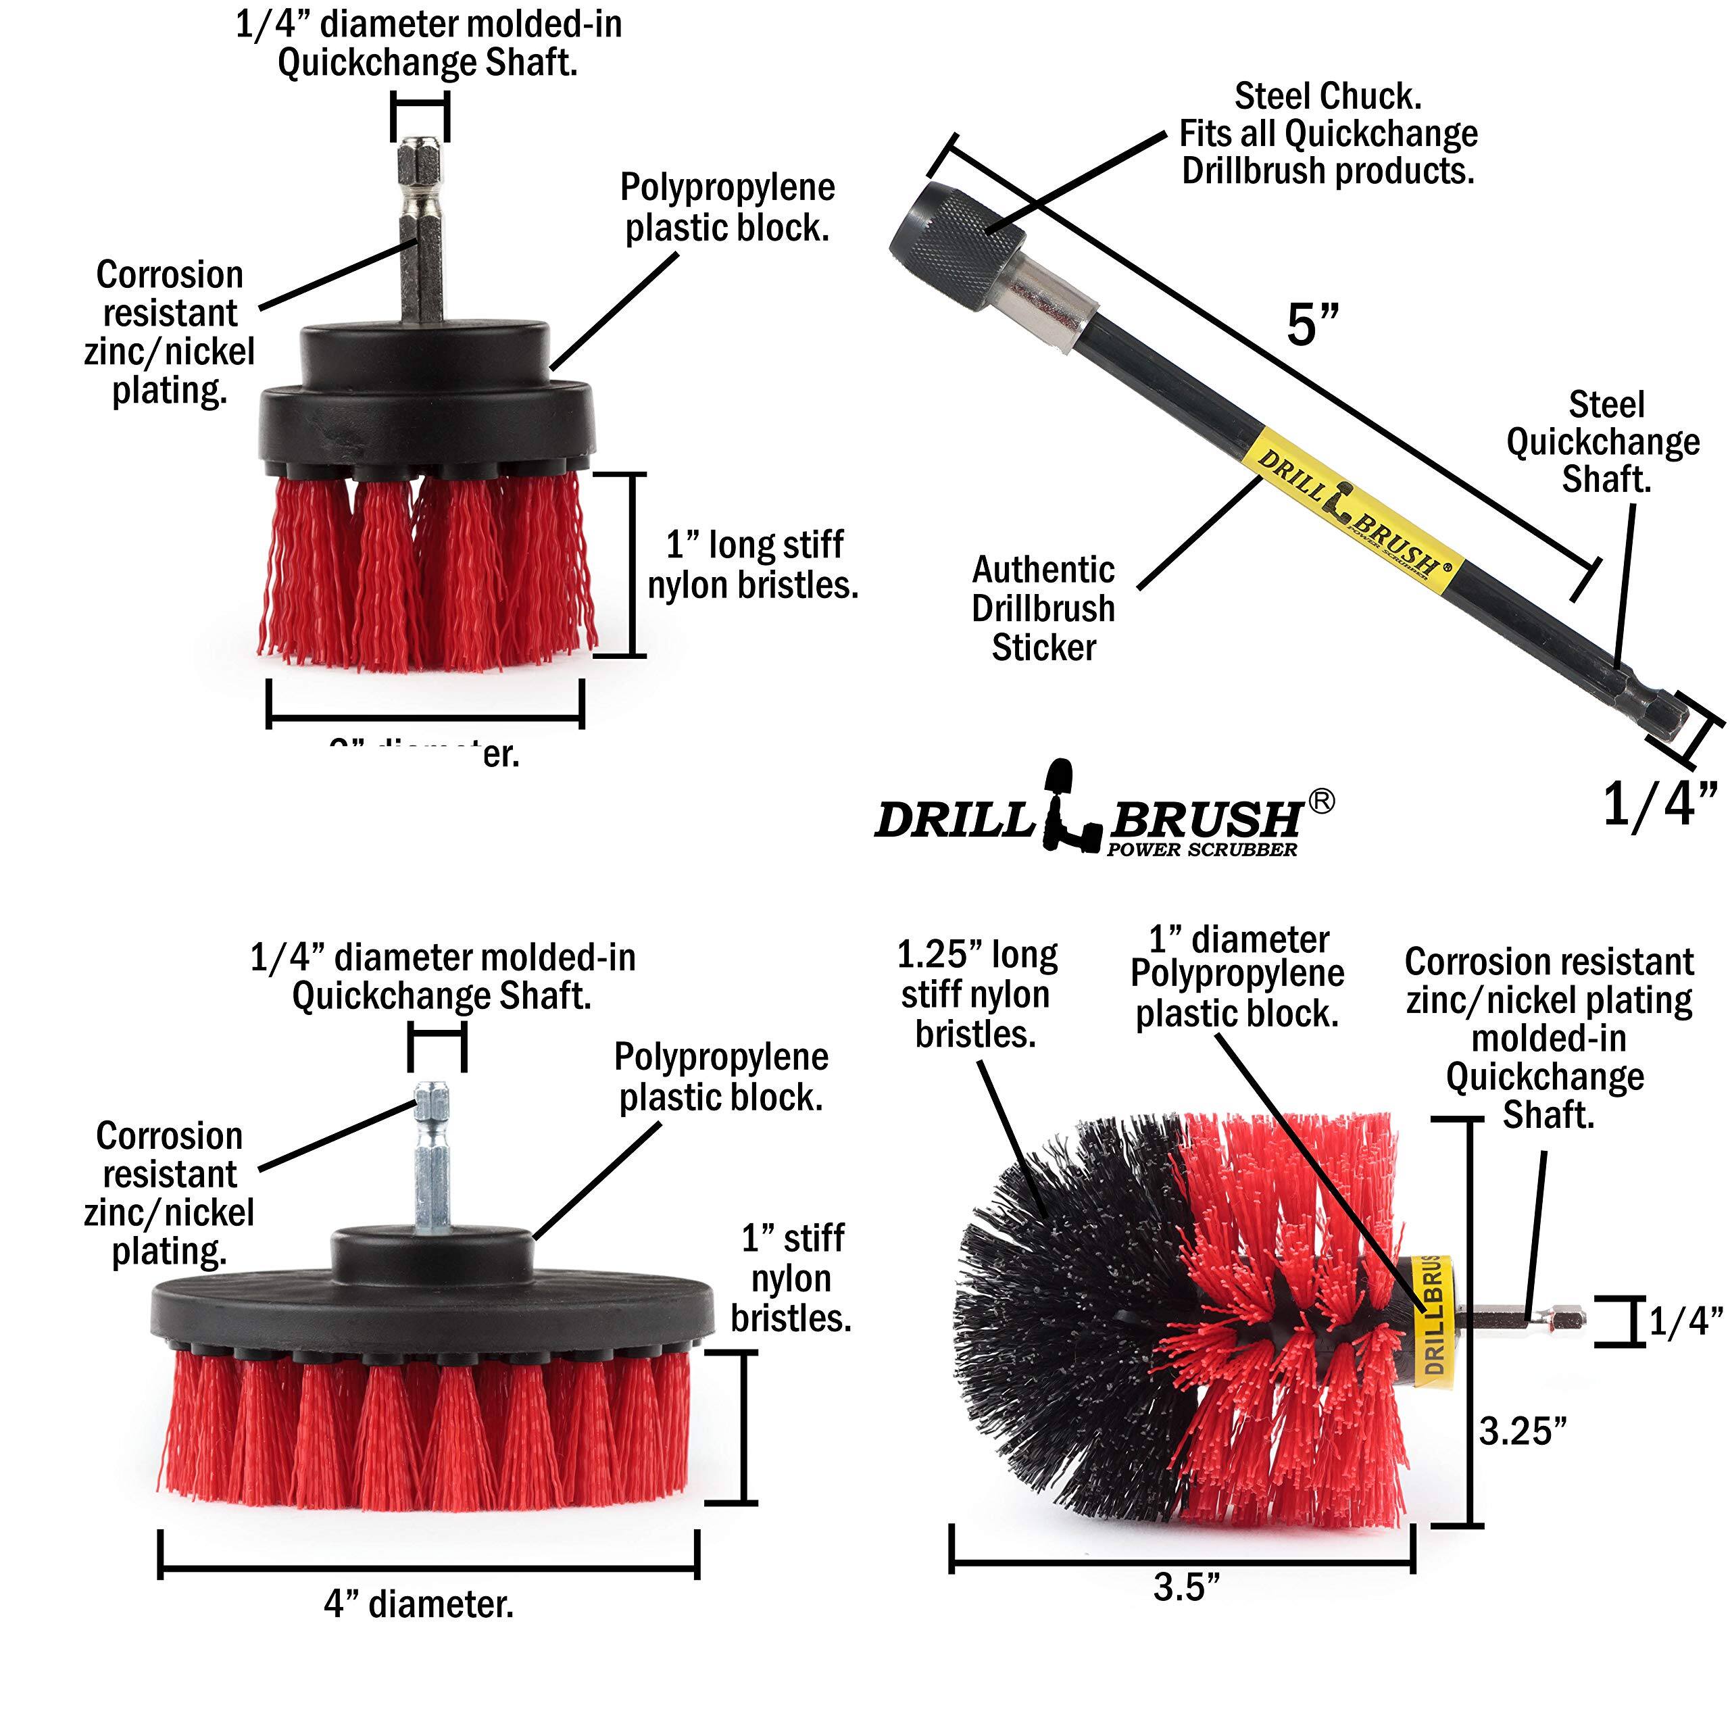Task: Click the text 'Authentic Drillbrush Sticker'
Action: click(1043, 608)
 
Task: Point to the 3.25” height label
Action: click(1523, 1431)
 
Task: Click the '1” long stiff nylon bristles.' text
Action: click(753, 565)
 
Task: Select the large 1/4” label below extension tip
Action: click(1659, 804)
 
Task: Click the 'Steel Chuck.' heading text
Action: click(1327, 96)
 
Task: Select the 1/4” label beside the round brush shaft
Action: click(1685, 1322)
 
